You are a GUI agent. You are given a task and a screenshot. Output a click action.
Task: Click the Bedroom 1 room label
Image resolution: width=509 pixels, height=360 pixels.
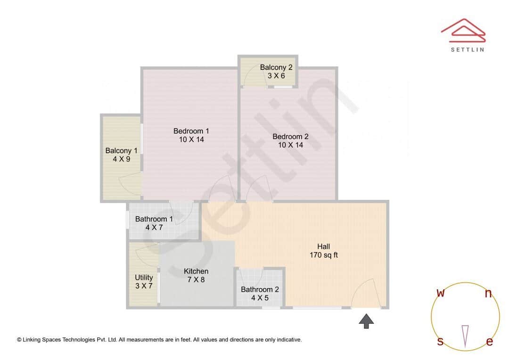pos(191,131)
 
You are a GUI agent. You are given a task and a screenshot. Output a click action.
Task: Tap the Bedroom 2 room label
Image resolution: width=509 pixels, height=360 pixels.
pos(290,137)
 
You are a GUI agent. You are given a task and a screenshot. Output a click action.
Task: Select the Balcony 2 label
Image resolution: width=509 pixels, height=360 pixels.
pos(276,67)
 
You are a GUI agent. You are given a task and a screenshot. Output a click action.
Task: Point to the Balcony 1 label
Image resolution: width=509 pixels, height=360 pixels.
pos(121,151)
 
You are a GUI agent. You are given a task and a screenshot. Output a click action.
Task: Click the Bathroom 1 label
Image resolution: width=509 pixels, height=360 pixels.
pos(154,219)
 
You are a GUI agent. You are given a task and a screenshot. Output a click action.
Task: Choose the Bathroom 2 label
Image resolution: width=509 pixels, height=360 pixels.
pos(260,289)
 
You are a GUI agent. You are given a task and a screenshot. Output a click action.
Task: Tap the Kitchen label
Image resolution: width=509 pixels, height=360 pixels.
pos(196,271)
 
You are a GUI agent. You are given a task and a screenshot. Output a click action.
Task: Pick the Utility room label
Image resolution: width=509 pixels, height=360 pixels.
pos(144,278)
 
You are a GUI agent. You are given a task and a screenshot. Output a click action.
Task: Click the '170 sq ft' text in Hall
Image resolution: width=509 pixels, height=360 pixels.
pos(323,255)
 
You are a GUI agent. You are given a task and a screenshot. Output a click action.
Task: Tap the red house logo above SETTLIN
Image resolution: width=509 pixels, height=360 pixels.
pos(463,29)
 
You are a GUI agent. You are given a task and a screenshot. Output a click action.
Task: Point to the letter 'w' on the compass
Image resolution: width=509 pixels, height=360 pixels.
pos(441,293)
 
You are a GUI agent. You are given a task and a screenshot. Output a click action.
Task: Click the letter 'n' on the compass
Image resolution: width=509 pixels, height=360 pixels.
pos(489,294)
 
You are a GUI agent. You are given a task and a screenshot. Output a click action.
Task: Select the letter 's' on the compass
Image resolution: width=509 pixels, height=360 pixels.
pos(440,342)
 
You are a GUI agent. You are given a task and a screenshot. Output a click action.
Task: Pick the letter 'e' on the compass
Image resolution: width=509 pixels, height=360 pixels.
pos(490,342)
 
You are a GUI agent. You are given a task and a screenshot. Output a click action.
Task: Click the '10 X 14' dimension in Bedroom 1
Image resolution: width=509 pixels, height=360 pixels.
pos(191,139)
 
